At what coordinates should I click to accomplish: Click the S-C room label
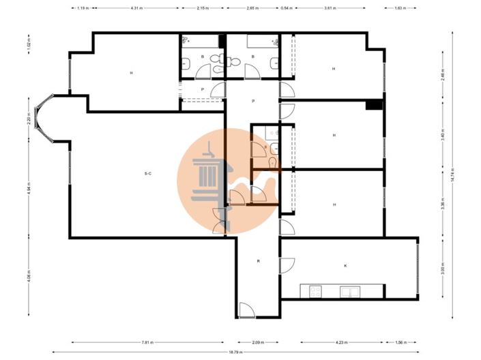(147, 174)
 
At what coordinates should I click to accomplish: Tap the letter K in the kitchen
(345, 265)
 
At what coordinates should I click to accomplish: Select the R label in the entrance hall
(258, 261)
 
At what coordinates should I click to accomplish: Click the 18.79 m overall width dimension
(235, 352)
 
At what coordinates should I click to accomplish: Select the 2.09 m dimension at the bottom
(257, 342)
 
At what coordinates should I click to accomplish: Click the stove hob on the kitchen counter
(316, 292)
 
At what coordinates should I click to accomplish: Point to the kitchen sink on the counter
(350, 292)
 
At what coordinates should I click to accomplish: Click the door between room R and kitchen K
(287, 265)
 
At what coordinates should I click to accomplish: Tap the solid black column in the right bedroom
(373, 105)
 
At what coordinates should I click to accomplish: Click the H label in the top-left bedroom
(131, 72)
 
